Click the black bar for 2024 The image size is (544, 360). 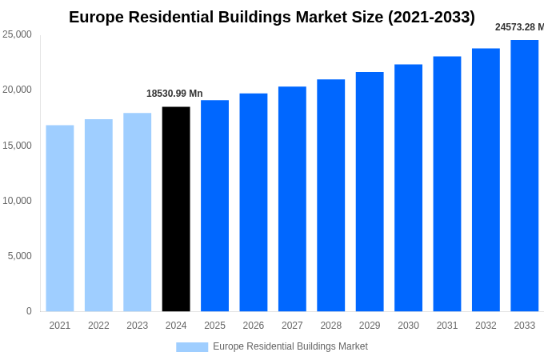[176, 209]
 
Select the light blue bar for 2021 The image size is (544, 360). [60, 218]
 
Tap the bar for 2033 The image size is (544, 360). [524, 175]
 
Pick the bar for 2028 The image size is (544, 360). [330, 195]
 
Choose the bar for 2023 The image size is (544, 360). [137, 212]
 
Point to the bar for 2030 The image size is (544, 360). [408, 187]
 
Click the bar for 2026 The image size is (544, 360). [254, 202]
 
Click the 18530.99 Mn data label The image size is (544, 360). [174, 94]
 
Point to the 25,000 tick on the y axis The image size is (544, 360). [18, 34]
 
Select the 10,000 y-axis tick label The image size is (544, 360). [18, 201]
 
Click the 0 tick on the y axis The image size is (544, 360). [29, 311]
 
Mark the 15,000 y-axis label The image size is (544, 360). [18, 146]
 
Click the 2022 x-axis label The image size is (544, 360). [98, 326]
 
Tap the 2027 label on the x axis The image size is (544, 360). [292, 326]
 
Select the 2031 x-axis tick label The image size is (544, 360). [446, 326]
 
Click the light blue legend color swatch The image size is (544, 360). [192, 347]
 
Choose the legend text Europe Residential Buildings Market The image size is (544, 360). [290, 346]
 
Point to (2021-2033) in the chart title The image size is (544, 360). [431, 17]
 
